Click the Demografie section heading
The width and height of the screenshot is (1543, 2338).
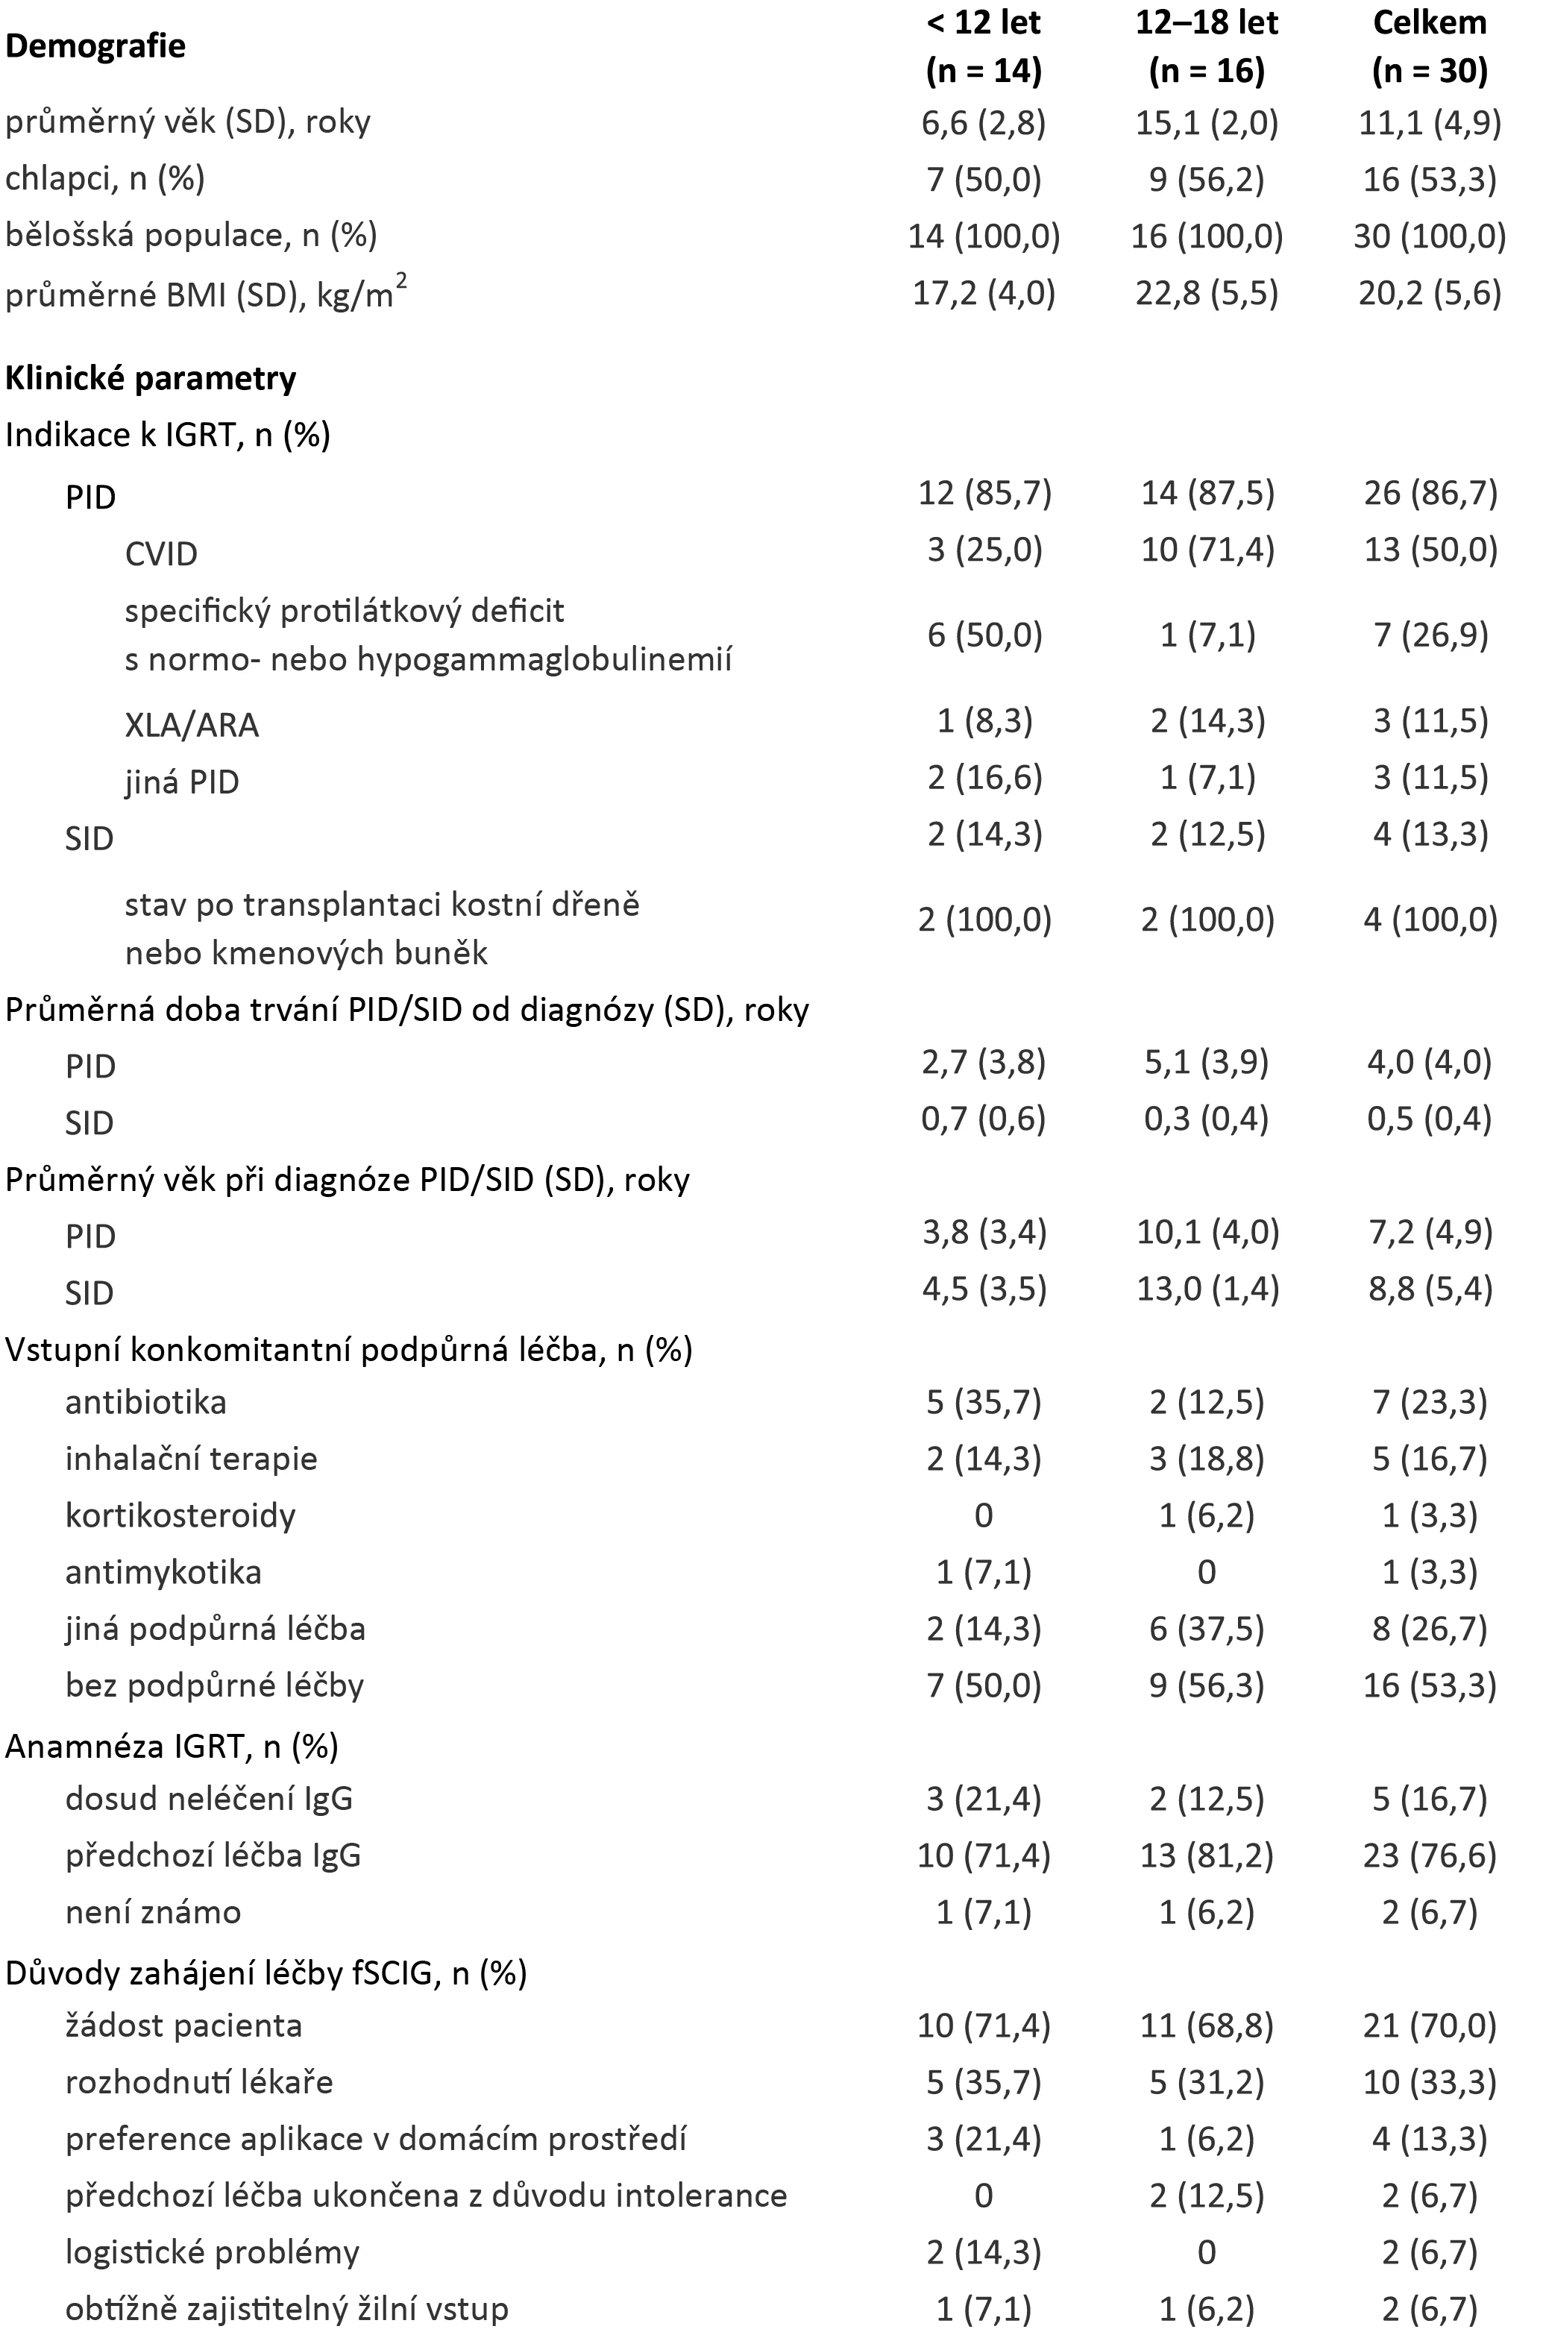click(95, 46)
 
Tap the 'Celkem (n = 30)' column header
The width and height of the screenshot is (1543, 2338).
click(1429, 46)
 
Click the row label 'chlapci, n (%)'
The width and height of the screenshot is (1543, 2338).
click(105, 178)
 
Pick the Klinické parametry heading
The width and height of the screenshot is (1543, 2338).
click(151, 379)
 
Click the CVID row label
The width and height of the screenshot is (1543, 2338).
click(161, 554)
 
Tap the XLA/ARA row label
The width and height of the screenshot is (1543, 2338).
click(192, 725)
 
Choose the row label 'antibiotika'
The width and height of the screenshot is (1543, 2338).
click(145, 1402)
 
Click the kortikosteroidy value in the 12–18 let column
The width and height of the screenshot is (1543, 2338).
click(1207, 1515)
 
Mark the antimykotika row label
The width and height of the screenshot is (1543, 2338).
click(163, 1572)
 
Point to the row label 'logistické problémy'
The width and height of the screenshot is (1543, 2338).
click(213, 2252)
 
